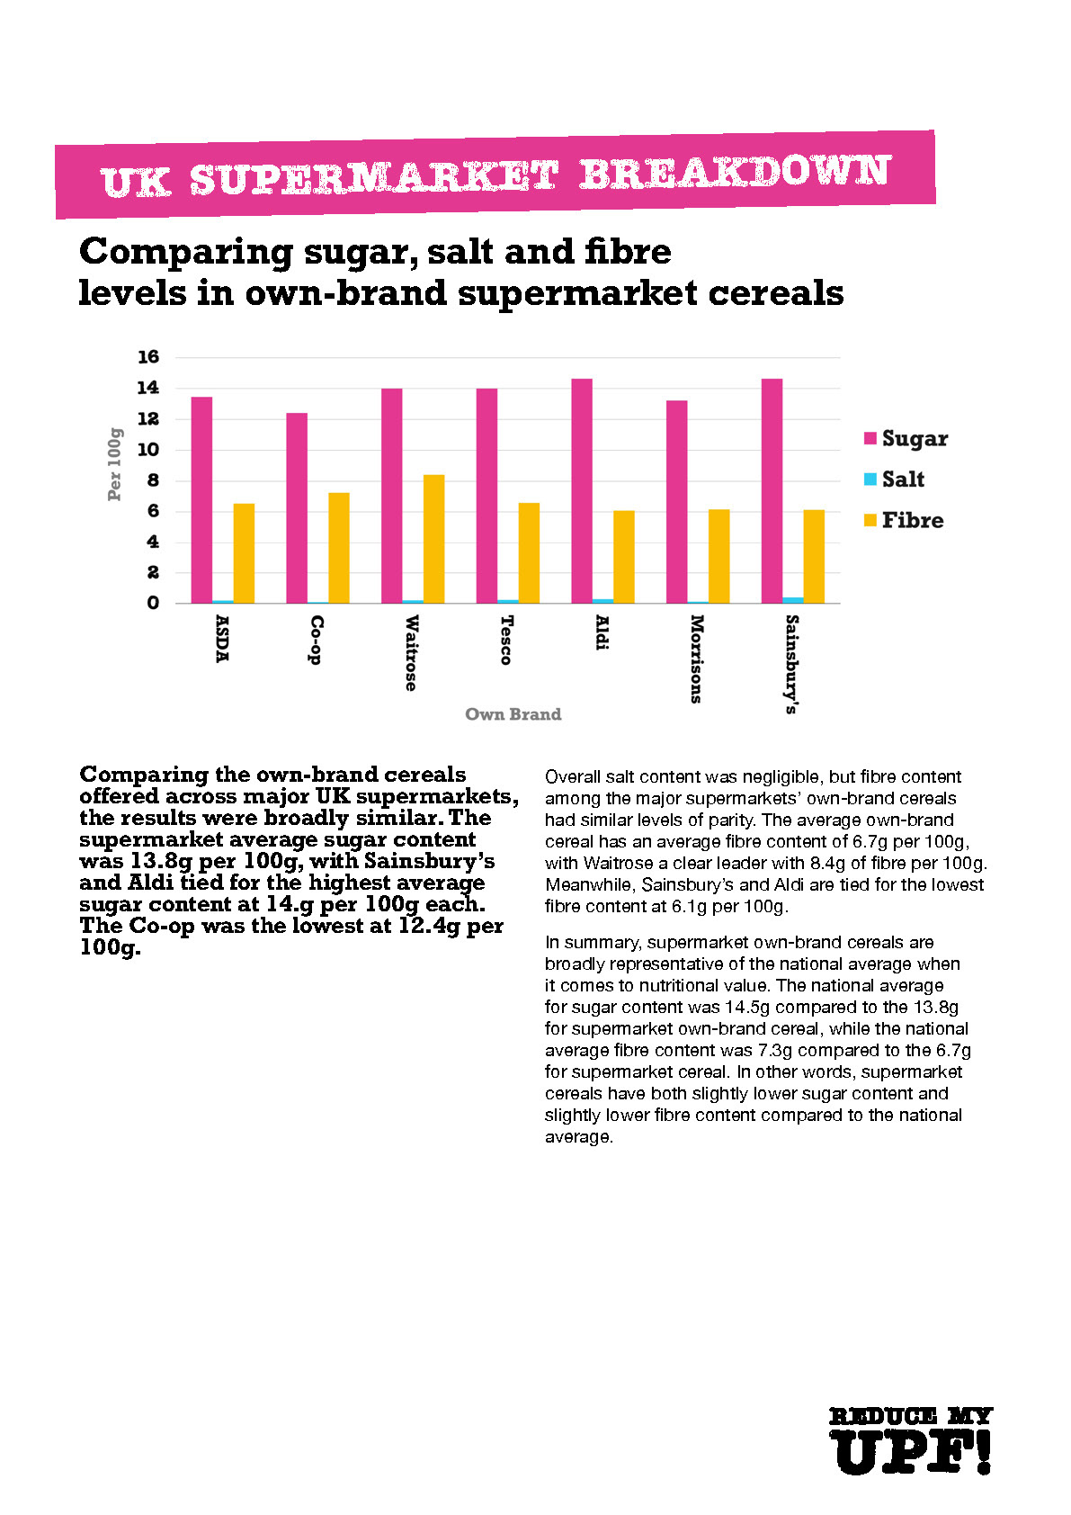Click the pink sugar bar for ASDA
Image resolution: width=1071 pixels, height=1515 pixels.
click(x=201, y=500)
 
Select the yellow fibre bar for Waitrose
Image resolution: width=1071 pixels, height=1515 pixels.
click(x=433, y=539)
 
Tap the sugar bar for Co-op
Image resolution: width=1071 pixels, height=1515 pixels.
click(x=297, y=508)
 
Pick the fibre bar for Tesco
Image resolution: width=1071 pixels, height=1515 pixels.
click(x=529, y=552)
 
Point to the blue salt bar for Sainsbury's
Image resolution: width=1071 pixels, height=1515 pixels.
click(x=792, y=600)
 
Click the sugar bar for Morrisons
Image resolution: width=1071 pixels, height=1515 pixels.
click(x=676, y=502)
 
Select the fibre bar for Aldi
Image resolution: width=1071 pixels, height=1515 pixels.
click(x=624, y=557)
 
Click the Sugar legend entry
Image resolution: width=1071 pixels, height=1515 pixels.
click(x=906, y=439)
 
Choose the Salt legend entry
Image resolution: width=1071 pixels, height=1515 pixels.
click(x=894, y=480)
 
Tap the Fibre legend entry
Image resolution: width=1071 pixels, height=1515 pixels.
click(x=903, y=520)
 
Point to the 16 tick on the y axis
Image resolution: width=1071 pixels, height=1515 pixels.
click(x=147, y=357)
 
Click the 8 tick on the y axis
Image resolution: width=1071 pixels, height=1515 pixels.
click(x=153, y=480)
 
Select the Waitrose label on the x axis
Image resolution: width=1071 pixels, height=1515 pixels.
click(x=411, y=652)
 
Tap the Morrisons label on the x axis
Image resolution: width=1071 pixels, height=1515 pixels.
click(x=696, y=658)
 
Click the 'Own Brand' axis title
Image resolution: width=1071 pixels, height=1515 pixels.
click(x=513, y=714)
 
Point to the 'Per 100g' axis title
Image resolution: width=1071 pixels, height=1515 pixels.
click(x=114, y=464)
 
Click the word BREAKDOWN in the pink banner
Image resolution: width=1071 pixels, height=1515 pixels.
click(x=735, y=173)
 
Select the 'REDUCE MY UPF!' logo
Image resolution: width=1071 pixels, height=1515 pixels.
click(x=910, y=1441)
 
